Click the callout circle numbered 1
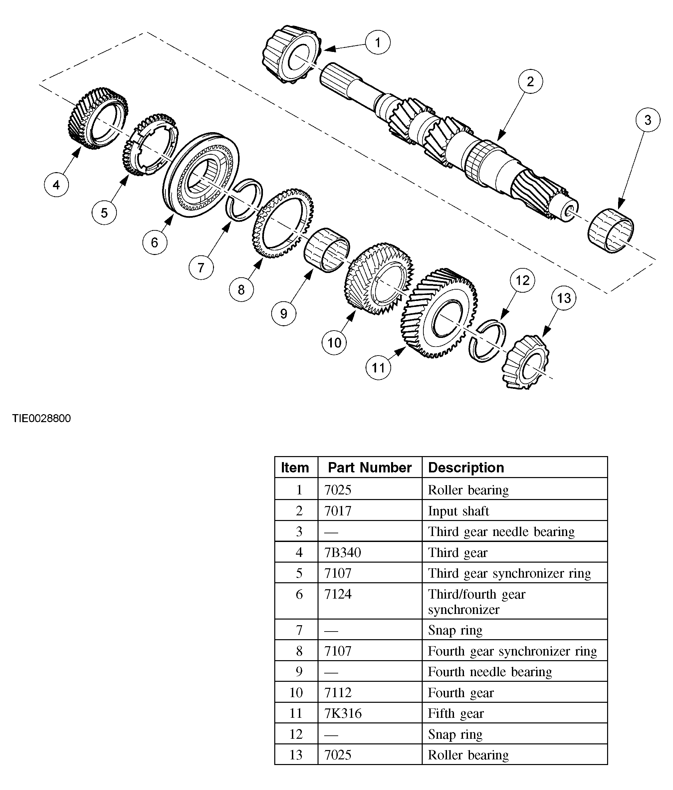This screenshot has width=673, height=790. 377,42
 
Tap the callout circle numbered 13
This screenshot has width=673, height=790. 563,298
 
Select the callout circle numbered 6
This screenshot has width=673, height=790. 155,242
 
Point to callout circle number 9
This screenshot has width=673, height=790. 284,313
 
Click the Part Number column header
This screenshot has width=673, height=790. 370,468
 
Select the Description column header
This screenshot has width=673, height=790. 466,468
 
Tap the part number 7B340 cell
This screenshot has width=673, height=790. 342,552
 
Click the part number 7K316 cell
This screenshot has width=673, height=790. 342,713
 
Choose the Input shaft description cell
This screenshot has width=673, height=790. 458,511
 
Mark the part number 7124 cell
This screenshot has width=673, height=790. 337,594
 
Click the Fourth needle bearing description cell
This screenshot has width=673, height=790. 489,672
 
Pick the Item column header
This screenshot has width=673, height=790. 295,468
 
